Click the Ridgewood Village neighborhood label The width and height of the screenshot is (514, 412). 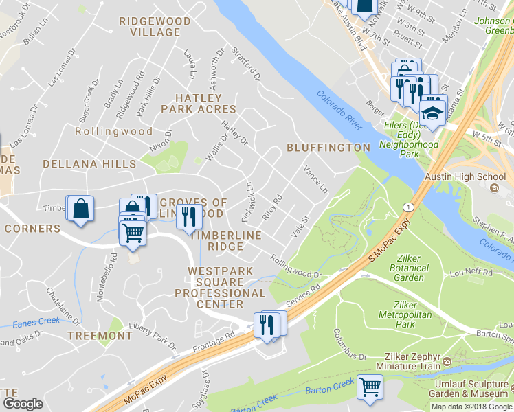[155, 27]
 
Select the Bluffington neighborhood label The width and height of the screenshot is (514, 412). [328, 148]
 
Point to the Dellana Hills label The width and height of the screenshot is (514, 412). [89, 164]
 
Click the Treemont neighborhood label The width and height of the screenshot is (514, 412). [100, 335]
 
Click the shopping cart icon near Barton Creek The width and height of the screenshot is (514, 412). [370, 387]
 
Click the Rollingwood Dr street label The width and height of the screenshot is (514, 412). [296, 266]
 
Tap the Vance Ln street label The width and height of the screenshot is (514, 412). [315, 180]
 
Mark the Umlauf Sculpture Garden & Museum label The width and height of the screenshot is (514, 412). [471, 389]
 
